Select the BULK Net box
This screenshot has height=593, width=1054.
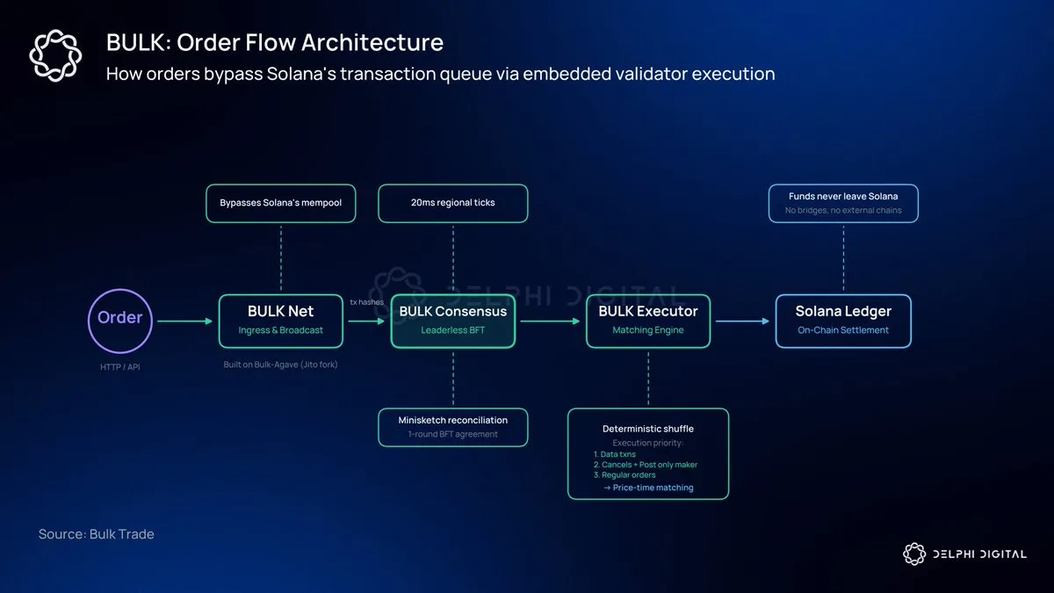click(x=281, y=321)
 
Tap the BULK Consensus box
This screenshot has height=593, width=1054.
click(x=453, y=321)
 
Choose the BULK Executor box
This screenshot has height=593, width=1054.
click(x=648, y=321)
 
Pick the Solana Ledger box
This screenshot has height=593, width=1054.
click(x=843, y=321)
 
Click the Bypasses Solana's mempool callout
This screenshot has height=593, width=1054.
click(x=280, y=203)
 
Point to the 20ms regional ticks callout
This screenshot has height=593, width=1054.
click(x=453, y=203)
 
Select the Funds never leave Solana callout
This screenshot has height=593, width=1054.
click(x=843, y=203)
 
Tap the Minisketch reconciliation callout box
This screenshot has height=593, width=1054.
click(x=453, y=427)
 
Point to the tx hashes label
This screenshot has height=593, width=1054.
click(x=366, y=302)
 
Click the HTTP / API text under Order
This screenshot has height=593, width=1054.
click(x=119, y=366)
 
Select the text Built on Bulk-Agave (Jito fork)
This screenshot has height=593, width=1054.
click(x=280, y=364)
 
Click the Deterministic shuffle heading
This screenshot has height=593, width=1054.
click(x=648, y=429)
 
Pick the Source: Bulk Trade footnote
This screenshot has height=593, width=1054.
click(x=96, y=534)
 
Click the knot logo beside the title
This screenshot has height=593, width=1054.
click(x=56, y=55)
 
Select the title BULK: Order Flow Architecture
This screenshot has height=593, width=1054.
click(x=275, y=42)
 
